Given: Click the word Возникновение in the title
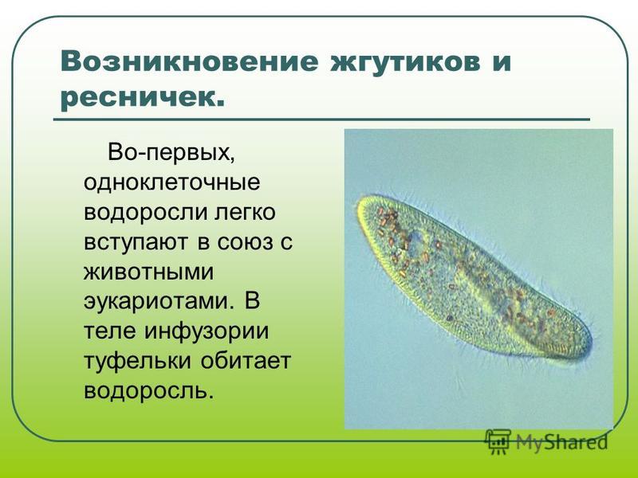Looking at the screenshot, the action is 189,62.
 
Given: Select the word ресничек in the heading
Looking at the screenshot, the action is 138,98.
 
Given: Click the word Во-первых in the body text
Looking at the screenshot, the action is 171,153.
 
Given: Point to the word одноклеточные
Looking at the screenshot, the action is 171,182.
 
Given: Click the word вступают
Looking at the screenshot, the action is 136,242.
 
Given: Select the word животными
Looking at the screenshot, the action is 148,272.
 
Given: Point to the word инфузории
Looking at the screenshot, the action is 207,331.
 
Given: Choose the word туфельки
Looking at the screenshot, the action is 137,361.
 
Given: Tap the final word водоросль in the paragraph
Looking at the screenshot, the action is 148,391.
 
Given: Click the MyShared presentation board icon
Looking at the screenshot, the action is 498,441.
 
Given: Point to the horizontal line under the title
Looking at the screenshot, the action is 321,120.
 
